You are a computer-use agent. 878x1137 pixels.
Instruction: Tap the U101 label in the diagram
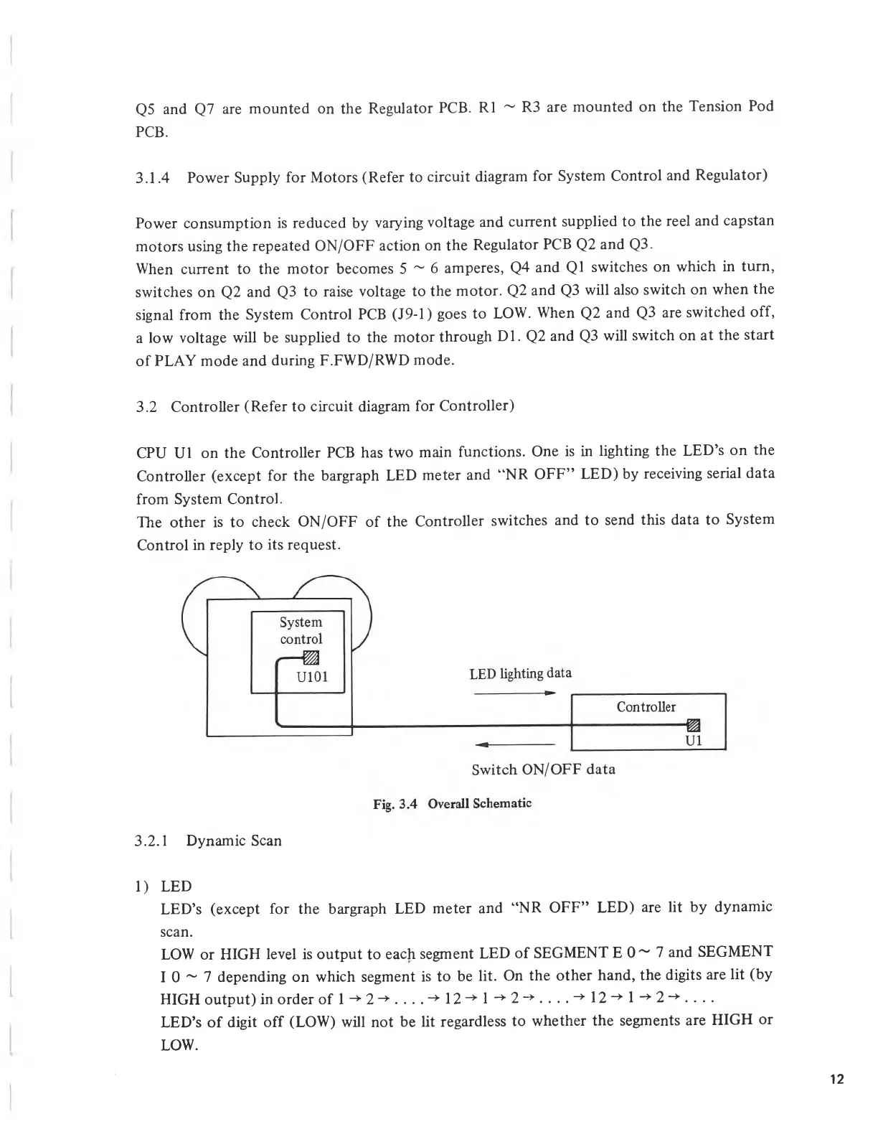(x=312, y=676)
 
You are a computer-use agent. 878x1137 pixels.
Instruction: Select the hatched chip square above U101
(x=310, y=658)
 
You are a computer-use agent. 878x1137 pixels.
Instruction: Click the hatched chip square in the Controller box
(x=693, y=724)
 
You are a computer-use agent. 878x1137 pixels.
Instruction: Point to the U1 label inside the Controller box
(x=694, y=740)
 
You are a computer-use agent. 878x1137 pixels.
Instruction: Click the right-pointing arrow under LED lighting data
(x=515, y=693)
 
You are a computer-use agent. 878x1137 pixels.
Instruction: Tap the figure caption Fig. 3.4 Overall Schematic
(x=452, y=803)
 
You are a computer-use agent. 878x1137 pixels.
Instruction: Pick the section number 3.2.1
(x=151, y=841)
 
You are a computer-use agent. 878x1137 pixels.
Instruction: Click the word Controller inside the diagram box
(x=646, y=707)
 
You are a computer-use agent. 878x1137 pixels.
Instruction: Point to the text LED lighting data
(x=520, y=673)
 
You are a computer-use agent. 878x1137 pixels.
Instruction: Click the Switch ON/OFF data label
(x=543, y=769)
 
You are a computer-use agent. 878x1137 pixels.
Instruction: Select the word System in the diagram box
(x=301, y=622)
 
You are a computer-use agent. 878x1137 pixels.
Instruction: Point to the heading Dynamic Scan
(x=234, y=841)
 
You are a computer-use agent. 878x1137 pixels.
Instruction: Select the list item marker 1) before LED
(x=142, y=886)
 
